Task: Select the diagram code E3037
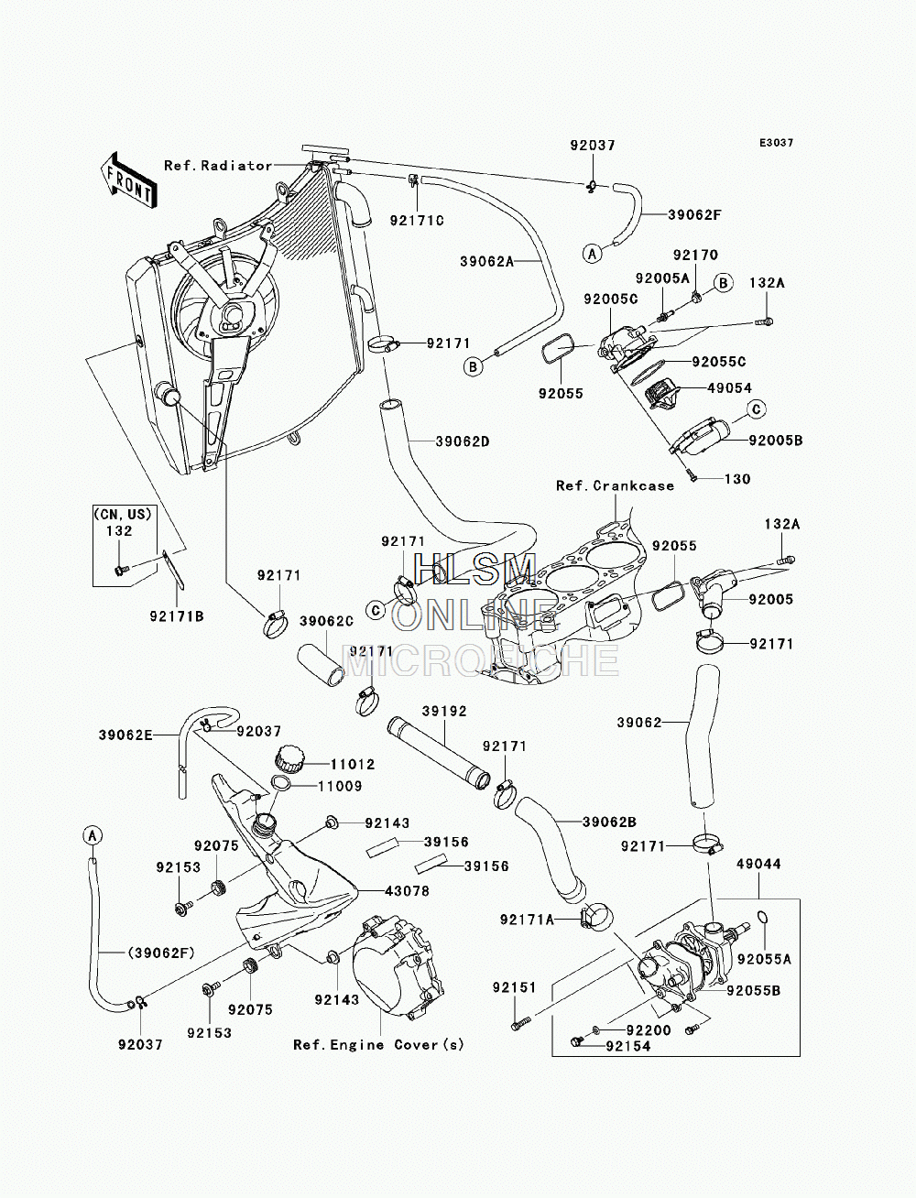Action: [x=776, y=143]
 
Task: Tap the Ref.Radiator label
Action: [x=218, y=166]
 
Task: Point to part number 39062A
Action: [x=487, y=261]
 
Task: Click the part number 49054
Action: [x=730, y=388]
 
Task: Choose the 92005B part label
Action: [x=776, y=440]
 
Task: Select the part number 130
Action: [x=737, y=479]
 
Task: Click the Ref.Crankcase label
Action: [x=615, y=485]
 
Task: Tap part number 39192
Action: [x=444, y=711]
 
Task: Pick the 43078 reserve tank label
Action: [x=408, y=891]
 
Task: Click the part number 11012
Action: [x=353, y=765]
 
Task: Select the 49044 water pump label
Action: [x=758, y=864]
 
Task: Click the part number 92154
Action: [x=627, y=1046]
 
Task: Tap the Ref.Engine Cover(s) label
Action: [x=378, y=1044]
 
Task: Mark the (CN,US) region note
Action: [x=124, y=514]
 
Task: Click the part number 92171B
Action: [x=177, y=616]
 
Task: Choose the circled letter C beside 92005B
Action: [x=758, y=408]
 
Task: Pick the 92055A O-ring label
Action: [x=764, y=958]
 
